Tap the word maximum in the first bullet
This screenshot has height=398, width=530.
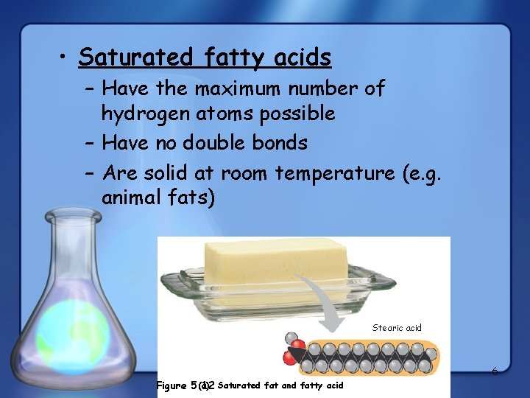[x=244, y=89]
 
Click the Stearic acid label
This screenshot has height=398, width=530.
[x=397, y=328]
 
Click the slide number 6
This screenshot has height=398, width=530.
[x=495, y=371]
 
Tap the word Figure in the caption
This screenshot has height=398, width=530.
[x=172, y=385]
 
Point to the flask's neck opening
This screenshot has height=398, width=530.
[x=72, y=216]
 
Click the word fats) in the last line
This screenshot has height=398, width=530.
[x=191, y=198]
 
